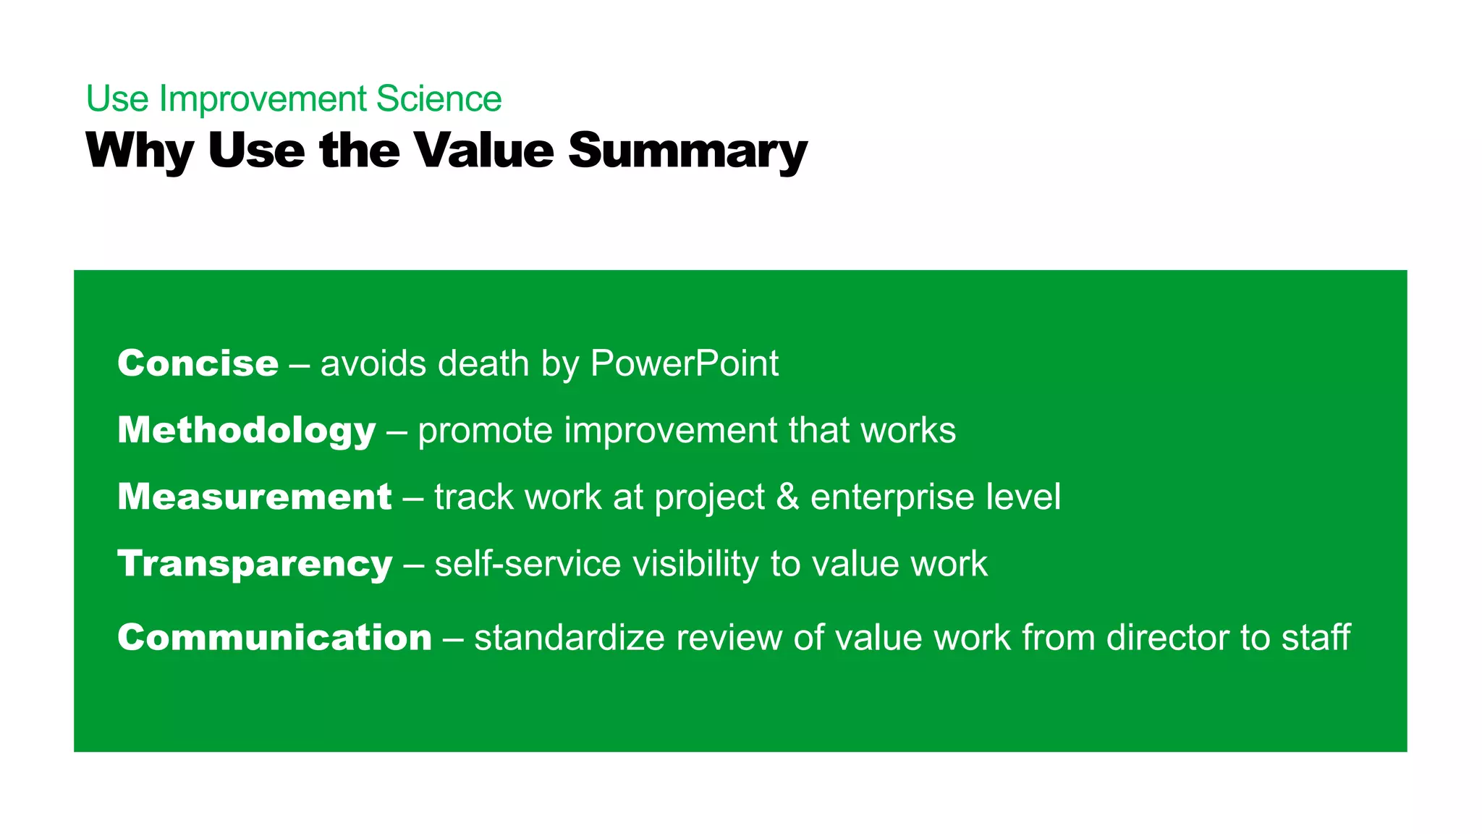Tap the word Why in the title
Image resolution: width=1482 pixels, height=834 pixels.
click(139, 151)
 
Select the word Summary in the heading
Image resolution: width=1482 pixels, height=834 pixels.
click(687, 151)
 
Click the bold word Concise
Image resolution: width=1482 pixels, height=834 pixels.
click(198, 363)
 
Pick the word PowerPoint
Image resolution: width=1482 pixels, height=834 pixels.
click(684, 363)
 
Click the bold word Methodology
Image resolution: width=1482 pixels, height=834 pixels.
click(246, 431)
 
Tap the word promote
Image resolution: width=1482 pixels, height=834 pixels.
click(486, 431)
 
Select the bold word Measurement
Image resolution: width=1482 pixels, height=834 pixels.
click(255, 497)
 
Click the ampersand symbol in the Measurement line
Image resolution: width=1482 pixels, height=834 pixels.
click(787, 497)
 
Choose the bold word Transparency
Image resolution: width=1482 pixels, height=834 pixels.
click(255, 565)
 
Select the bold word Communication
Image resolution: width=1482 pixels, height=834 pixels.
click(274, 638)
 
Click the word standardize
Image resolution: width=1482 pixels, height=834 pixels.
click(569, 638)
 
